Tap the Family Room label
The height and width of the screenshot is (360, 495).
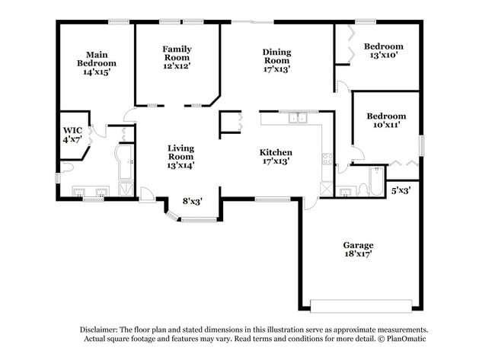coord(176,53)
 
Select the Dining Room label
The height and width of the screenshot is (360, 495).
coord(276,56)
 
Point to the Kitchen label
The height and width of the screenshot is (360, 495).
coord(276,152)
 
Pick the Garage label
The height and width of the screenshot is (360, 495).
coord(357,245)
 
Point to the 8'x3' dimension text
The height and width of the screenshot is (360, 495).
coord(193,202)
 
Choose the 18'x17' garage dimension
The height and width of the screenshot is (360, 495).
coord(357,255)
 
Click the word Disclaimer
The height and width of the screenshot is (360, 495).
coord(100,330)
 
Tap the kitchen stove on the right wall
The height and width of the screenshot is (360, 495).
coord(327,160)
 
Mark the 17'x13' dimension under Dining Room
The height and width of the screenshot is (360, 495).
coord(276,68)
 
